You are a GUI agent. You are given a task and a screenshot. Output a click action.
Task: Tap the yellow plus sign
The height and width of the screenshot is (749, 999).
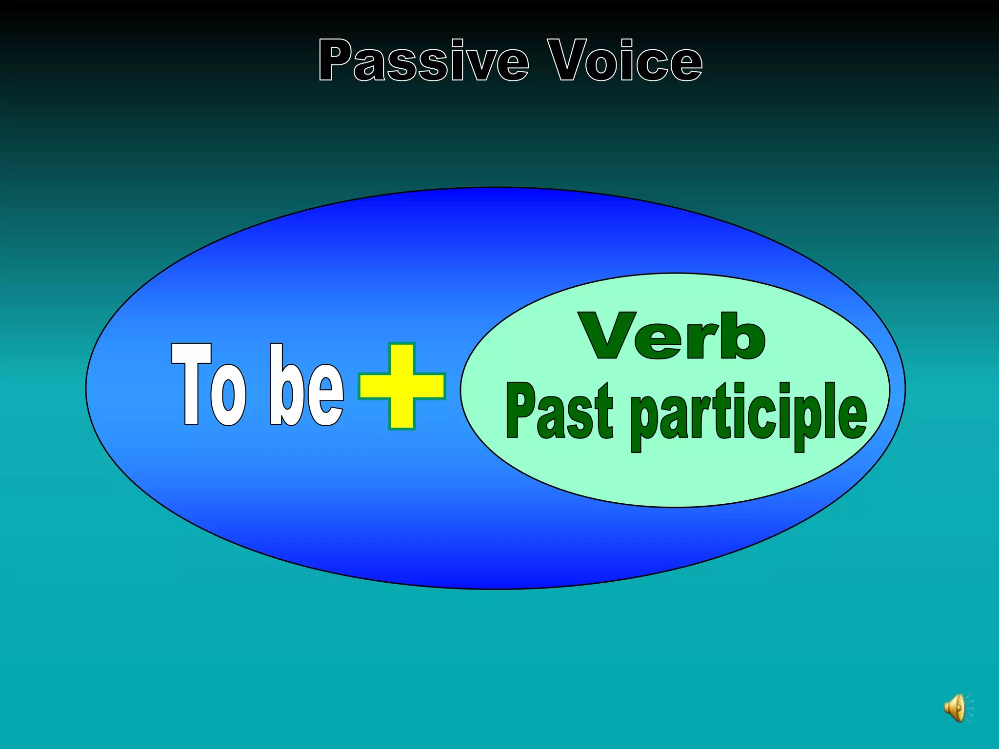(401, 386)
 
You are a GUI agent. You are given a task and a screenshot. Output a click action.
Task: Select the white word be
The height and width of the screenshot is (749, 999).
(306, 385)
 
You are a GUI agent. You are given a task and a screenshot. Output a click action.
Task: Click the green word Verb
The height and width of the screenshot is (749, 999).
(672, 336)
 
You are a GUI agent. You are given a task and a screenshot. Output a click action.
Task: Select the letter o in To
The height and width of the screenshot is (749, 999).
(228, 394)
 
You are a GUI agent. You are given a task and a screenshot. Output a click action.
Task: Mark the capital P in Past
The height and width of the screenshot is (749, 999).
(520, 411)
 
